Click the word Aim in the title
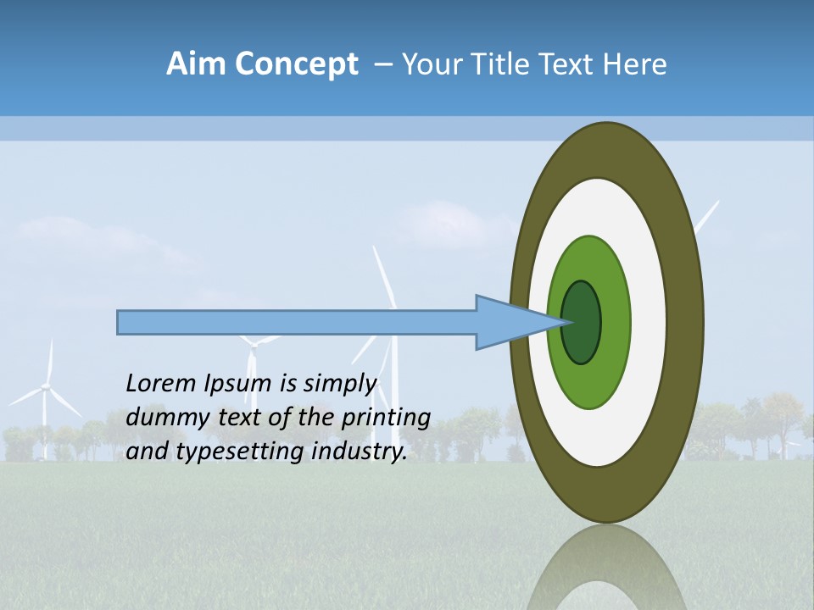[x=195, y=64]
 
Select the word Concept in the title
[x=296, y=64]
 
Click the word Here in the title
[x=635, y=64]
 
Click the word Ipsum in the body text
[x=239, y=385]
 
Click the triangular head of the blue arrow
[x=509, y=323]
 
